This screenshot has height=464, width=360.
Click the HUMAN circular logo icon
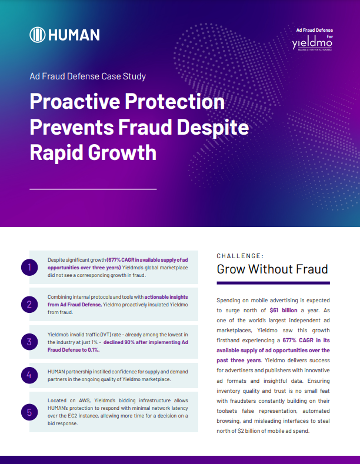tap(37, 35)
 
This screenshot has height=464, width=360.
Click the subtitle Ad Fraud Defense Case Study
tap(88, 76)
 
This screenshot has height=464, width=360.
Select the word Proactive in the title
tap(75, 102)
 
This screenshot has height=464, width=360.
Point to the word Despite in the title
tap(213, 128)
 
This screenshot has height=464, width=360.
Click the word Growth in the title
tap(122, 153)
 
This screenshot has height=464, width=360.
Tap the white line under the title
tap(93, 189)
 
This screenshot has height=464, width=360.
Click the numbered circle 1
tap(29, 267)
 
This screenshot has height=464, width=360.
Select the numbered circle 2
tap(29, 304)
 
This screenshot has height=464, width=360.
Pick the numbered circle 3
tap(29, 342)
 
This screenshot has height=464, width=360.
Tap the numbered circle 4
tap(29, 375)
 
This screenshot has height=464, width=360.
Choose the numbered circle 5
tap(29, 412)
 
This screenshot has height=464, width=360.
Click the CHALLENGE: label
tap(240, 256)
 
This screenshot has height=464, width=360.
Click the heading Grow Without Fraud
tap(272, 269)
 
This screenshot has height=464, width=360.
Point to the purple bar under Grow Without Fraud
tap(274, 283)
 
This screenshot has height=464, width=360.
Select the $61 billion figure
tap(284, 310)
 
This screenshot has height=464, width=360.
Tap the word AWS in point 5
tap(84, 400)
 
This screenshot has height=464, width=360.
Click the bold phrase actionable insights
tap(166, 297)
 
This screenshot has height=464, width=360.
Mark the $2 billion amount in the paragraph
tap(248, 431)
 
